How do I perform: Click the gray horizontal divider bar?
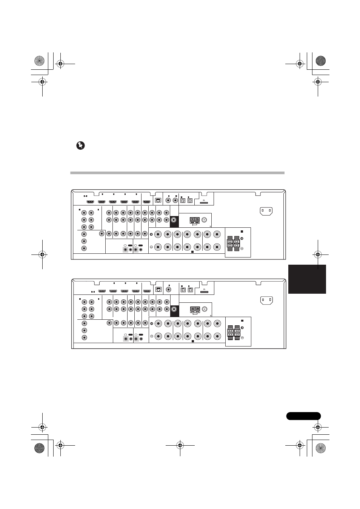pyautogui.click(x=177, y=173)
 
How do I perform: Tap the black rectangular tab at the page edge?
pyautogui.click(x=307, y=279)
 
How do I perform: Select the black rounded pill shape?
pyautogui.click(x=303, y=416)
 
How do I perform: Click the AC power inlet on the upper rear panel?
pyautogui.click(x=266, y=211)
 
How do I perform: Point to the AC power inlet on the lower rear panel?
pyautogui.click(x=266, y=300)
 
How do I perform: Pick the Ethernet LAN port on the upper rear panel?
pyautogui.click(x=158, y=200)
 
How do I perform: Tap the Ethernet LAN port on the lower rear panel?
pyautogui.click(x=158, y=290)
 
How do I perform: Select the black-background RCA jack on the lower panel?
pyautogui.click(x=174, y=309)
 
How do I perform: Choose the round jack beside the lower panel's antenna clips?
pyautogui.click(x=205, y=309)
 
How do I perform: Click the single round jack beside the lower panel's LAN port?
pyautogui.click(x=169, y=290)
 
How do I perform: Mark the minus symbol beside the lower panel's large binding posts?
pyautogui.click(x=151, y=336)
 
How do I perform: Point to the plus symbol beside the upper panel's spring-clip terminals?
pyautogui.click(x=242, y=238)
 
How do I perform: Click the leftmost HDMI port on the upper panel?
pyautogui.click(x=90, y=201)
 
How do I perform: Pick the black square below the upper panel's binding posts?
pyautogui.click(x=192, y=251)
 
